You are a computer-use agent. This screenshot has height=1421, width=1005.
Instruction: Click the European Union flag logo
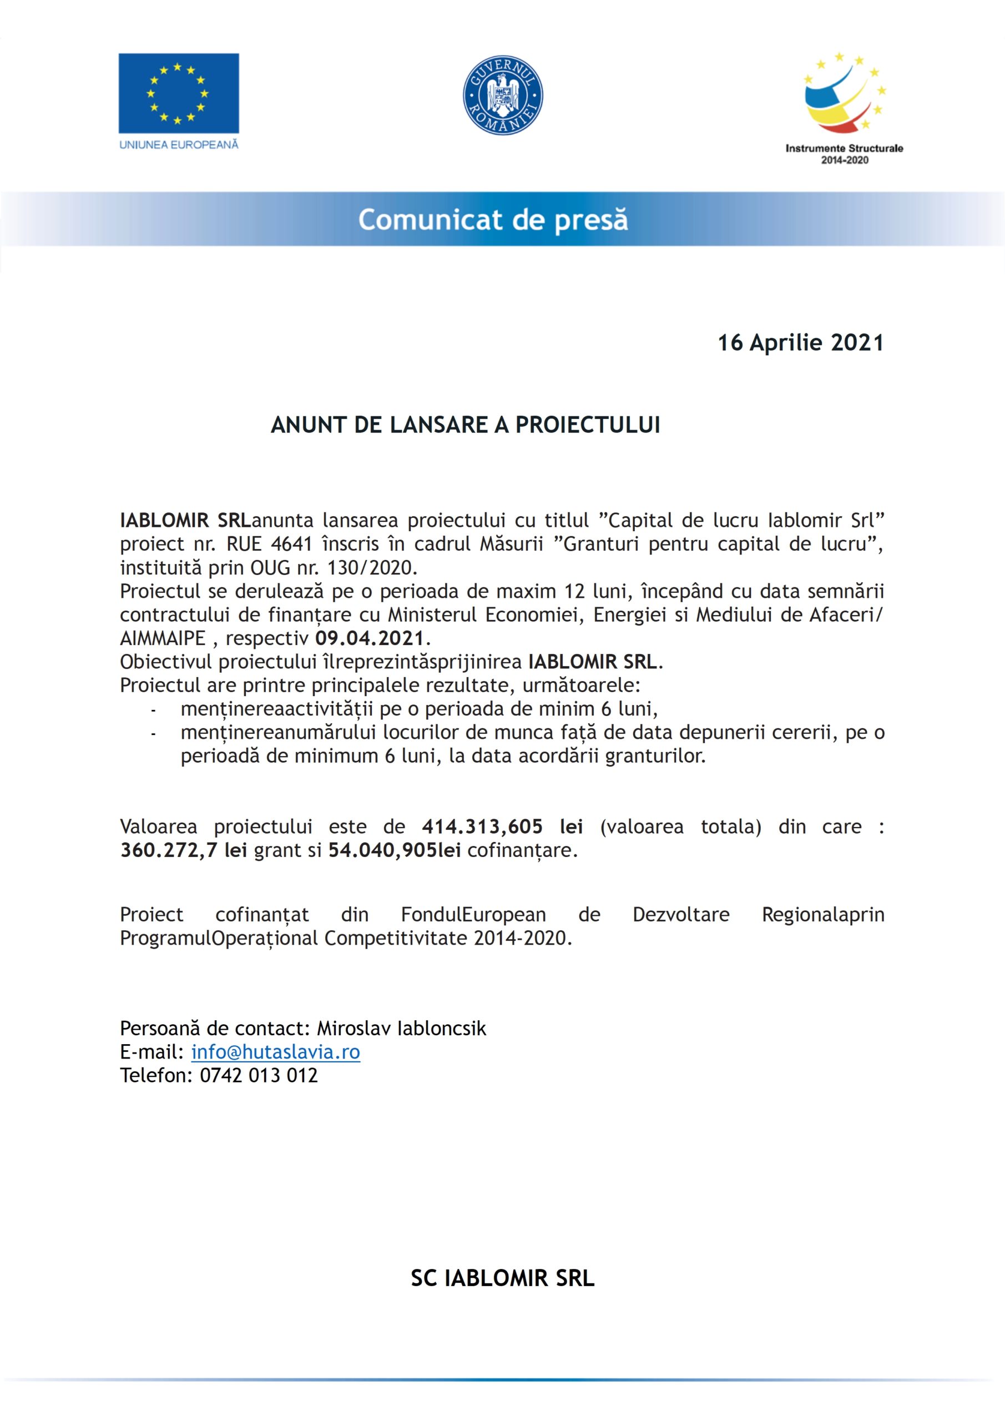coord(178,93)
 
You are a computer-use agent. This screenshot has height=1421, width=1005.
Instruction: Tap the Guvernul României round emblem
coord(503,95)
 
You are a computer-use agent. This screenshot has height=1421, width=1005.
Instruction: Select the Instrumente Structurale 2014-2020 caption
coord(844,154)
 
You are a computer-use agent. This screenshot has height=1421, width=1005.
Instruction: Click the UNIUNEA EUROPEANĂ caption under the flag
coord(178,145)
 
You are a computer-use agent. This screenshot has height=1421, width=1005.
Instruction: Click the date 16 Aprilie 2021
coord(801,343)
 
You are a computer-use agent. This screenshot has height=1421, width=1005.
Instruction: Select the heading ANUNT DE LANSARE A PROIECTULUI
coord(466,425)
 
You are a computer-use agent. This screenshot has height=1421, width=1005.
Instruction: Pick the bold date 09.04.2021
coord(370,638)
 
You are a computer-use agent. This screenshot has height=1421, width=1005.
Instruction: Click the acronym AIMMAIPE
coord(163,638)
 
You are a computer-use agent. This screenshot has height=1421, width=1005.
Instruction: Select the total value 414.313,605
coord(483,827)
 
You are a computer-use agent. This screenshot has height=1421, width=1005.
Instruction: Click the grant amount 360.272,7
coord(169,850)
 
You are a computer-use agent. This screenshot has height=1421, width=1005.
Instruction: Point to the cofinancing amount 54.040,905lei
coord(394,850)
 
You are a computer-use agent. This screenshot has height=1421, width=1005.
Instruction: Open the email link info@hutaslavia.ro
coord(275,1052)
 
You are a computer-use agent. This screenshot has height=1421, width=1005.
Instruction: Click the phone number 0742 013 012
coord(259,1076)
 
